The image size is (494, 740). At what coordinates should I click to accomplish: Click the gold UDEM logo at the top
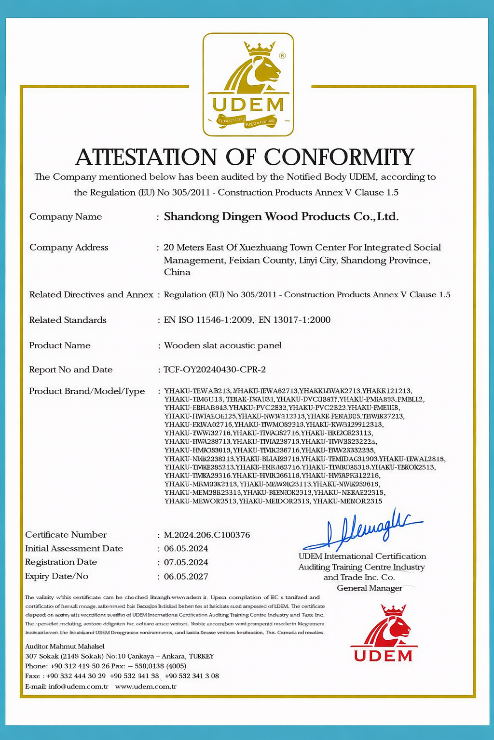point(248,85)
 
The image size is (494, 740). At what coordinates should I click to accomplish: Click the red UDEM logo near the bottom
point(384,634)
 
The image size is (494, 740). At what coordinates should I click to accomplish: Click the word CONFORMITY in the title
point(339,157)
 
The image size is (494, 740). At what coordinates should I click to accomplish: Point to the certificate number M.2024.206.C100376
point(207,535)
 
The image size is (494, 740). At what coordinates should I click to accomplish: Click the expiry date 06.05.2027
point(186,576)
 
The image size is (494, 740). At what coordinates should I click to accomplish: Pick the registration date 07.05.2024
point(186,562)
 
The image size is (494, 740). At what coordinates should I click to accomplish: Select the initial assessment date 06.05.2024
point(186,548)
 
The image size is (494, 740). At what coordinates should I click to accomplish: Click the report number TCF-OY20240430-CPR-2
point(215,370)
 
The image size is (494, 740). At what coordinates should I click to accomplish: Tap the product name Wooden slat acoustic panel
point(223,345)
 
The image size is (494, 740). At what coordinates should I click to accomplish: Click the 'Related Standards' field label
point(68,320)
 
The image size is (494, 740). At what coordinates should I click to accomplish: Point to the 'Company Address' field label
point(69,247)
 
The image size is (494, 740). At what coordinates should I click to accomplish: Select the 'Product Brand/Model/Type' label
point(87,391)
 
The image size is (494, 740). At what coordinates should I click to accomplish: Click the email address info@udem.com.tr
point(78,687)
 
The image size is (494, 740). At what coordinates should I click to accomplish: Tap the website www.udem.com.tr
point(146,687)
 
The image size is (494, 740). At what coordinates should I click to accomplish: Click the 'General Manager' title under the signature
point(370,588)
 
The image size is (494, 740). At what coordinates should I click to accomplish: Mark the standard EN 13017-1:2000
point(294,320)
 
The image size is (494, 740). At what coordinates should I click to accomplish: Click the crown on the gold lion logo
point(259,48)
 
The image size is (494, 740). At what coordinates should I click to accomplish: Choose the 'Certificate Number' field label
point(66,535)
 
